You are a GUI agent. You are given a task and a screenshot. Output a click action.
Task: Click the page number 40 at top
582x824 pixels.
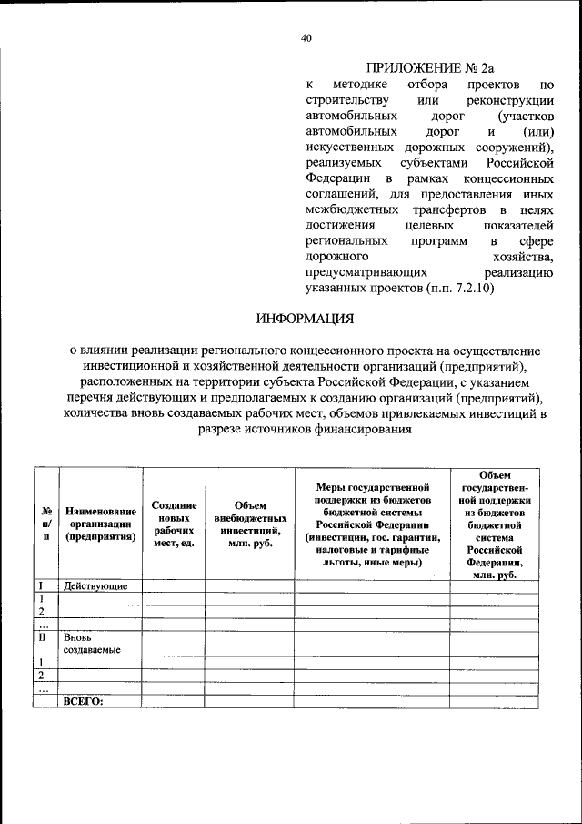[x=306, y=37]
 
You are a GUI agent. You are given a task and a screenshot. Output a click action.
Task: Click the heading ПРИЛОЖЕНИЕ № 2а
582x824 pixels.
[x=430, y=67]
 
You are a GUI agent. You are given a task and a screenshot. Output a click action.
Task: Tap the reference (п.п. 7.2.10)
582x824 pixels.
[x=459, y=287]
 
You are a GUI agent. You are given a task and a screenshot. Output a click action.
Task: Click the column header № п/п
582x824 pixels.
[x=45, y=524]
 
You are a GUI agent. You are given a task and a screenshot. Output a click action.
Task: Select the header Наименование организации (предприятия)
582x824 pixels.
[x=100, y=524]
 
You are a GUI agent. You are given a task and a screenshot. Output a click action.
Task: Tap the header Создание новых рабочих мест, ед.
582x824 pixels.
[x=174, y=524]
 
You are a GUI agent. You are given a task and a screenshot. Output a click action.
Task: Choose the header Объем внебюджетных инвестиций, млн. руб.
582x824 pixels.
[x=250, y=524]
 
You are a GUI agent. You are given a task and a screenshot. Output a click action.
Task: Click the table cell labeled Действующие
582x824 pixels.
[x=95, y=585]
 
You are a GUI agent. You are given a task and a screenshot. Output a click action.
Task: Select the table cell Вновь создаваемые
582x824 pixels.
[x=92, y=644]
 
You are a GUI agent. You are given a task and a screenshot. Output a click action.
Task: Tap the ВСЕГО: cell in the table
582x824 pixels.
[x=84, y=702]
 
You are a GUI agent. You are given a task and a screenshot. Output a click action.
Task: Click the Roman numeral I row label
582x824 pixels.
[x=41, y=585]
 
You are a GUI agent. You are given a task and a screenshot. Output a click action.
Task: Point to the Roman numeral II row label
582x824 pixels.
[x=42, y=638]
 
